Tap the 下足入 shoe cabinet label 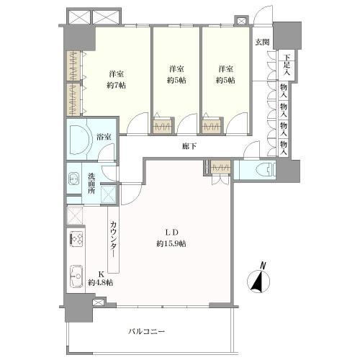point(286,65)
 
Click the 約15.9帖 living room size point(171,244)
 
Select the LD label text point(171,232)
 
